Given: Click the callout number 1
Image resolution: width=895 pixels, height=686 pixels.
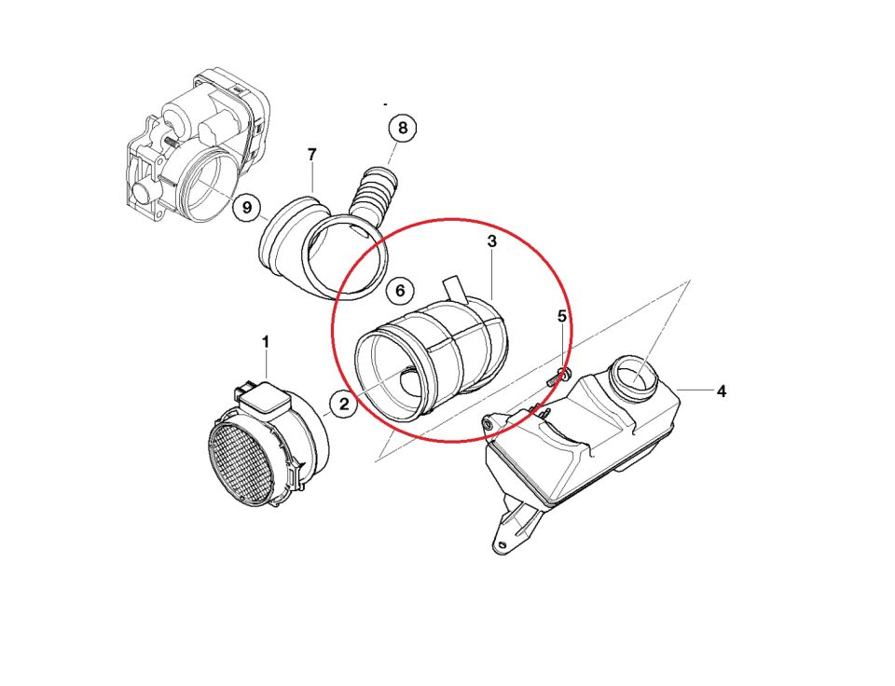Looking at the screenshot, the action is click(x=266, y=342).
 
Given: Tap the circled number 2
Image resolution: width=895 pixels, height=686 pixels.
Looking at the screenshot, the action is click(x=344, y=405).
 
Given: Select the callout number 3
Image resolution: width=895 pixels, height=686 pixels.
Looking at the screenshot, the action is click(x=491, y=241).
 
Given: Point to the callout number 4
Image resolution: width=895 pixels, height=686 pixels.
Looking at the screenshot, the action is click(x=722, y=391).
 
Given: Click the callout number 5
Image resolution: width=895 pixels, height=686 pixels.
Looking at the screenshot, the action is click(x=562, y=316).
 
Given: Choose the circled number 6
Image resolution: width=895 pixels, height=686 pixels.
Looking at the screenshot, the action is click(x=400, y=291).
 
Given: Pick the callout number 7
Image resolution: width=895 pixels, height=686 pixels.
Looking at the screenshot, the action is click(x=311, y=154).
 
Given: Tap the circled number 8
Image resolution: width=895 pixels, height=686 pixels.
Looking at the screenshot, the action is click(x=403, y=128).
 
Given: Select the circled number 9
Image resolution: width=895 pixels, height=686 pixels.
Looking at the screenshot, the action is click(x=246, y=207).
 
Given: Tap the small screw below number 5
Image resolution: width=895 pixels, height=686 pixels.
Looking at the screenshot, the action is click(x=557, y=377).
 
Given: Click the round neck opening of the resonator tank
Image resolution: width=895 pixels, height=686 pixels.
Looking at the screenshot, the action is click(x=636, y=377).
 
